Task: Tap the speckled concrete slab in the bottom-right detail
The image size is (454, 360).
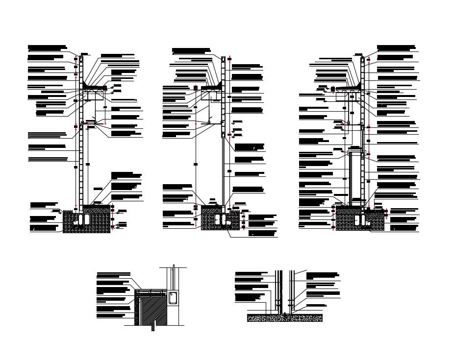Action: (285, 318)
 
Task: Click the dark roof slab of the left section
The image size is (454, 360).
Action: (96, 88)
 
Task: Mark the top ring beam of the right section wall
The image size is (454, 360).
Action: (363, 60)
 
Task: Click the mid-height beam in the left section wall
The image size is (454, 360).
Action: (81, 127)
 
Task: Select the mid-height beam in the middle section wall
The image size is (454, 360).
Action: (223, 134)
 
